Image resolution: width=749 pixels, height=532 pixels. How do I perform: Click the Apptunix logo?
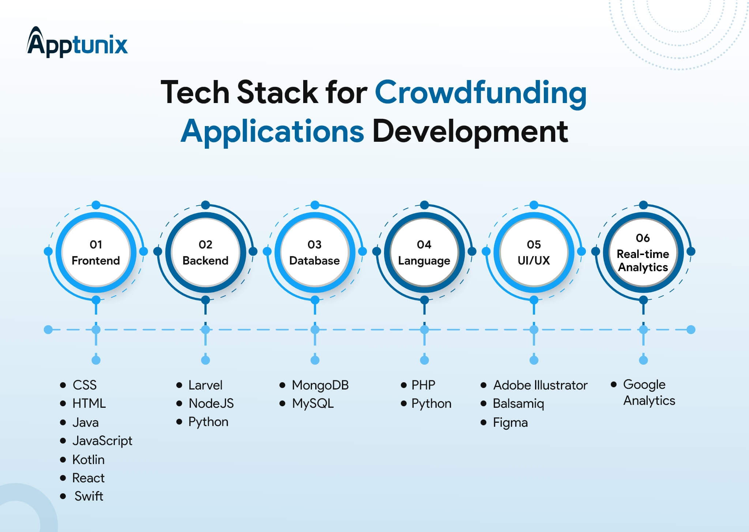pyautogui.click(x=77, y=42)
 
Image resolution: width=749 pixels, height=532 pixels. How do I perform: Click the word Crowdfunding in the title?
pyautogui.click(x=481, y=92)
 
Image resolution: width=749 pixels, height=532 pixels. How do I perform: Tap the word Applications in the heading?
pyautogui.click(x=272, y=132)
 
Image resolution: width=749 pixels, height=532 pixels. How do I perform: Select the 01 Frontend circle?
pyautogui.click(x=96, y=252)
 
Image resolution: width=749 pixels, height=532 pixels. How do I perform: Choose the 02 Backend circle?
pyautogui.click(x=206, y=252)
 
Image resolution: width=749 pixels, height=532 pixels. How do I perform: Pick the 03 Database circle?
pyautogui.click(x=315, y=252)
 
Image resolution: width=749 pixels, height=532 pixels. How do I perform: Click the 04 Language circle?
pyautogui.click(x=424, y=252)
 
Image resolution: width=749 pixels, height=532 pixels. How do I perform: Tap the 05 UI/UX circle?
pyautogui.click(x=534, y=252)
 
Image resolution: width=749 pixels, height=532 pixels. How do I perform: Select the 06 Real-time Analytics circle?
pyautogui.click(x=643, y=252)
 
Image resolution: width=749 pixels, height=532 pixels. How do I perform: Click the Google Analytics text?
pyautogui.click(x=649, y=393)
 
